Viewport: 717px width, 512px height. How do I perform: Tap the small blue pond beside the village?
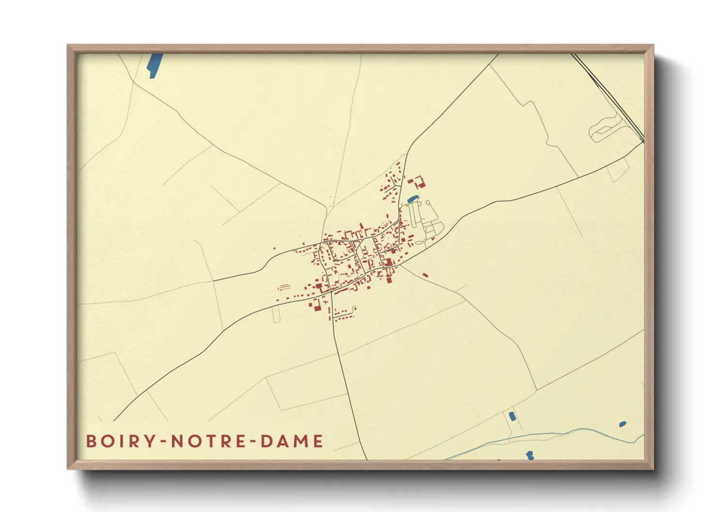point(412,198)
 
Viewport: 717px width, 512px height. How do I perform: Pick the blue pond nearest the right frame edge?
point(623,424)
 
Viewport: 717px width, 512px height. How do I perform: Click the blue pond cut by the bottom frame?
point(530,455)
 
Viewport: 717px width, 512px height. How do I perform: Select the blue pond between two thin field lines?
point(511,416)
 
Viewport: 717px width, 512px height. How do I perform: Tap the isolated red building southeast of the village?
point(425,275)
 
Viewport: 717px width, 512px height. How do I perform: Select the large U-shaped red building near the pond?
point(418,182)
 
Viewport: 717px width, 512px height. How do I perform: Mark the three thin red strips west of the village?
point(283,287)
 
